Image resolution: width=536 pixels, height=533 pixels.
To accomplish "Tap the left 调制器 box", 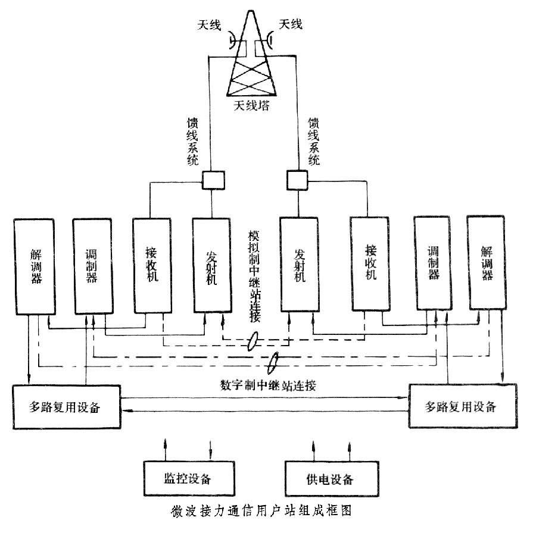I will coord(92,265).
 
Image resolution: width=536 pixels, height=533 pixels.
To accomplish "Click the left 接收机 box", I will coord(151,265).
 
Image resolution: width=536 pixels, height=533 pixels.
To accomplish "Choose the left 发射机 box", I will coord(211,264).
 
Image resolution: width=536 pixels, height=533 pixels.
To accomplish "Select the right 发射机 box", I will coord(300,264).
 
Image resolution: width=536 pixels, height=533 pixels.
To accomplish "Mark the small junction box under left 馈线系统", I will coord(212,179).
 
